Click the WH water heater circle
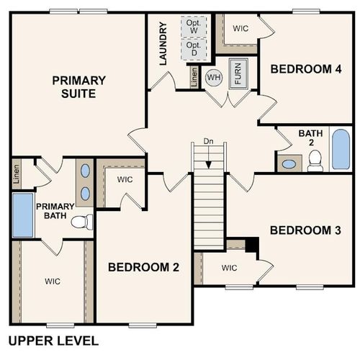(214, 77)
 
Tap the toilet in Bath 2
(315, 163)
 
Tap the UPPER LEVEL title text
(53, 341)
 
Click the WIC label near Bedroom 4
(240, 30)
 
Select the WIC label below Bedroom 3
(229, 268)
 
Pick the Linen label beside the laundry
(194, 76)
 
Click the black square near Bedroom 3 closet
(251, 245)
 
